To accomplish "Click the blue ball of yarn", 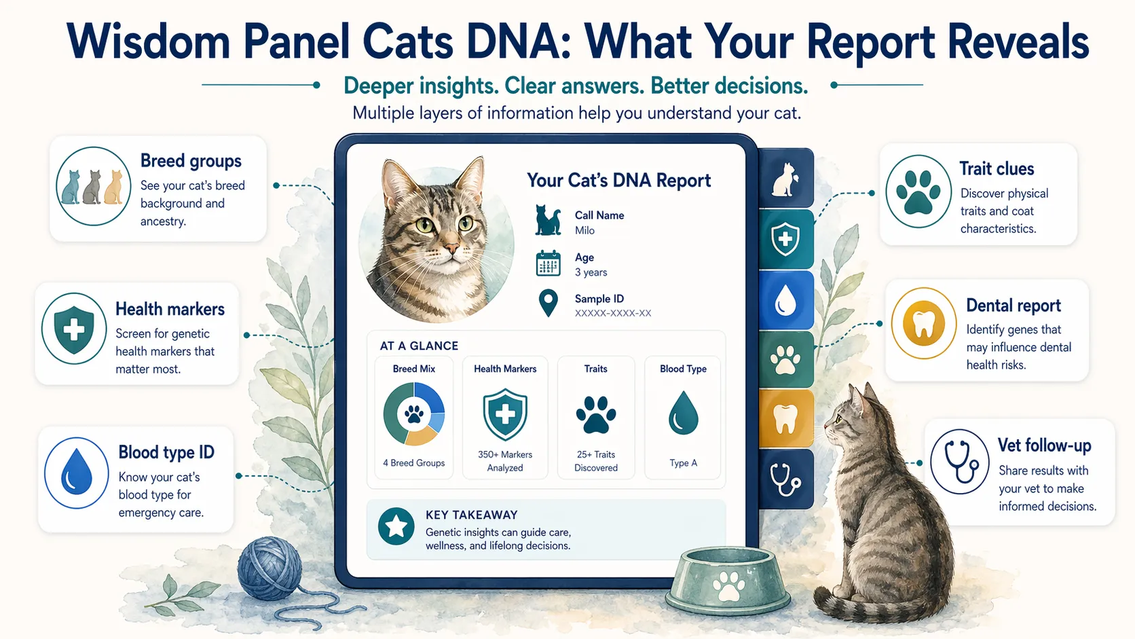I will point(270,568).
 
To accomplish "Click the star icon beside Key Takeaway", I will point(396,526).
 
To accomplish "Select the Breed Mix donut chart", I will point(414,414).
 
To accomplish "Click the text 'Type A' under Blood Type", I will point(683,463).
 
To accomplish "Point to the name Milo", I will point(584,231).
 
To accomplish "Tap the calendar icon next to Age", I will point(548,263).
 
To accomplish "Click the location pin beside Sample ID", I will point(548,304).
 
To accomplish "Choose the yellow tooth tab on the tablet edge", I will point(785,418).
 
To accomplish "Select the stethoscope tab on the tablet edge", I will point(785,479).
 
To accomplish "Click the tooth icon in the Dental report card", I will point(924,323).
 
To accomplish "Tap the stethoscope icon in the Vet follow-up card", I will point(959,461).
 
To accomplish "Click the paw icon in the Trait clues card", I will point(918,191).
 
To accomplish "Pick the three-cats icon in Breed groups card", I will point(93,186).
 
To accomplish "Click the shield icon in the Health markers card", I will point(74,329).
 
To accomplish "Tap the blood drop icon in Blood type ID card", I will point(77,473).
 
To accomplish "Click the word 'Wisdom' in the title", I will point(149,43).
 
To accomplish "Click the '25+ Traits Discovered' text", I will point(596,461).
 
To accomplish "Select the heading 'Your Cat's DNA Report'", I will point(618,181).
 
